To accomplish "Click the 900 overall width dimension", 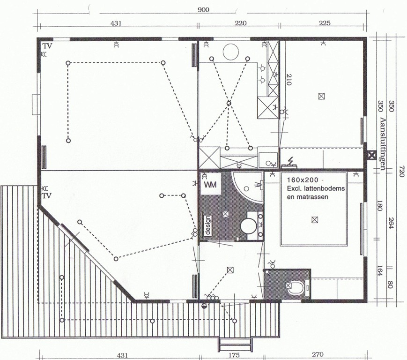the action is [x=203, y=10].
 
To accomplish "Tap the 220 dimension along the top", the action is [x=241, y=23].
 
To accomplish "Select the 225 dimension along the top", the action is [x=325, y=23].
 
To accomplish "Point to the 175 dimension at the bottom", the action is [x=234, y=355].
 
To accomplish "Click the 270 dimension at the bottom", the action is [x=318, y=354].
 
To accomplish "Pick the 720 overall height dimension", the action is [x=401, y=172].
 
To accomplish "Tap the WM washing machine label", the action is [x=210, y=185].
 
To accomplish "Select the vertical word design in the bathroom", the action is [x=208, y=225].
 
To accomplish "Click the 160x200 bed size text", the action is [x=303, y=180].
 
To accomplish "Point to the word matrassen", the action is [x=308, y=197].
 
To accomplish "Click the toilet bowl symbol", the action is [x=296, y=287].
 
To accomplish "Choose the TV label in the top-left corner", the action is [x=47, y=46].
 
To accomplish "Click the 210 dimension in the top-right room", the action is [x=289, y=80].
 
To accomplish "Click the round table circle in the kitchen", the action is [x=231, y=52].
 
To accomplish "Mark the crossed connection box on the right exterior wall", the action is [x=372, y=156].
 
